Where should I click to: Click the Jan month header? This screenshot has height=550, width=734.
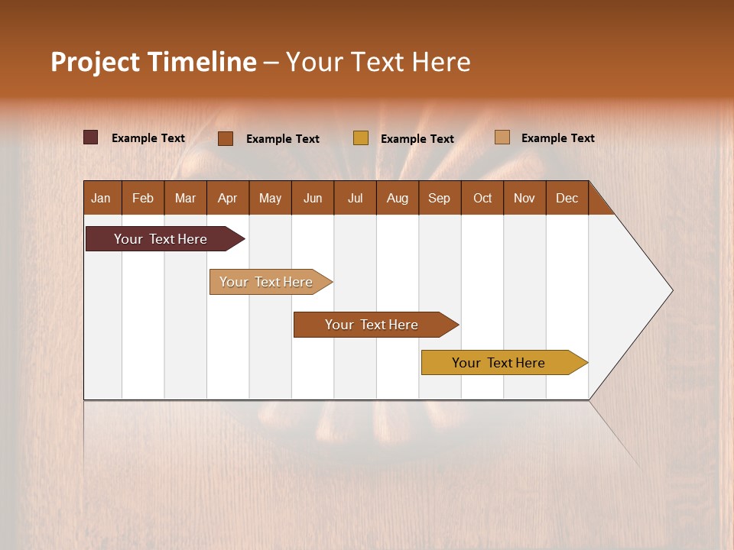102,198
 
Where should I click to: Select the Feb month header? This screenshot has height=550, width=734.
143,198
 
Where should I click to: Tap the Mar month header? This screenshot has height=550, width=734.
185,198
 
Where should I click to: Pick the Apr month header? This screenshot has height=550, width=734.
228,198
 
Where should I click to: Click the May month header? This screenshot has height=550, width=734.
270,198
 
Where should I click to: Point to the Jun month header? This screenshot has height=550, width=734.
313,198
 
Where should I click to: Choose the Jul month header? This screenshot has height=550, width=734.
355,198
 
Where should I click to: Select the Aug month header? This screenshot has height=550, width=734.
398,198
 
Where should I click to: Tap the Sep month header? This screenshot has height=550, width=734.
440,198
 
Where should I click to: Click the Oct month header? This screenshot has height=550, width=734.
482,198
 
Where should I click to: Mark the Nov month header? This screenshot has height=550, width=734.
525,198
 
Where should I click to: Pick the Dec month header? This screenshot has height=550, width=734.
567,198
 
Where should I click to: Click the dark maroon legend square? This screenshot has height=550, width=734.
91,137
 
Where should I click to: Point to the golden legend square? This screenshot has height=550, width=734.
361,137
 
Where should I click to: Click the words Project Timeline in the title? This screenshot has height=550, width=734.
154,62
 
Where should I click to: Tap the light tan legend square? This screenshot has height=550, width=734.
502,137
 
